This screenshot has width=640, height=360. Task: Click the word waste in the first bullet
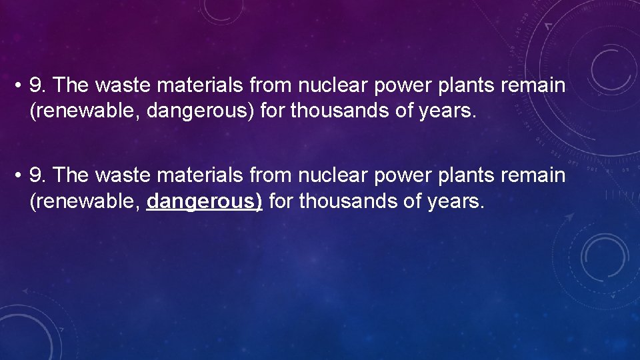point(119,85)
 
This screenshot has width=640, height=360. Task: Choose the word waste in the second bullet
point(119,176)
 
